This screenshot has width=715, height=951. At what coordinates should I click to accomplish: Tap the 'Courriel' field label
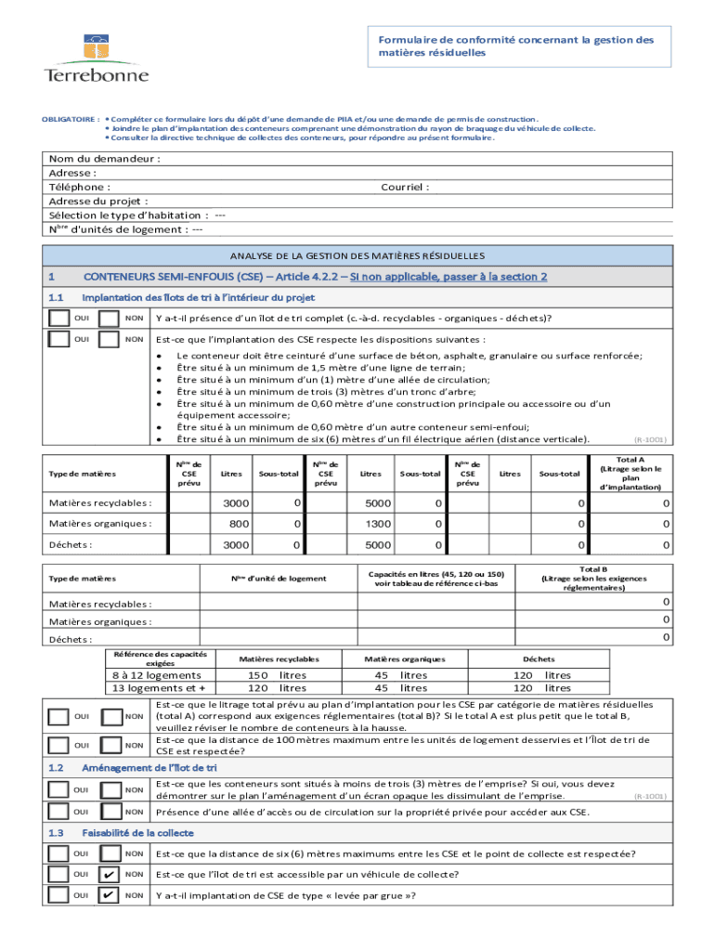coord(405,187)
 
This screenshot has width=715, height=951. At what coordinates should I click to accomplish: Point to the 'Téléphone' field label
coord(80,187)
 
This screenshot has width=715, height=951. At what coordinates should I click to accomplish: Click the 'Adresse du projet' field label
coord(98,201)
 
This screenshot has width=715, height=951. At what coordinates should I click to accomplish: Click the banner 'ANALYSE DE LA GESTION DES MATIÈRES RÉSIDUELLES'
coord(357,254)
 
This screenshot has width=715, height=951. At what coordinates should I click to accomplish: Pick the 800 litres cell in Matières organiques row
coord(237,524)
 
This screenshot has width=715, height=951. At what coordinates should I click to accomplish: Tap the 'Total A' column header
coord(630,473)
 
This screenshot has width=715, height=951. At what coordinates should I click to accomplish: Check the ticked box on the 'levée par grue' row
coord(109,896)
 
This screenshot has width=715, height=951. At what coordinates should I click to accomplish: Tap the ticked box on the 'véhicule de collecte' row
coord(109,875)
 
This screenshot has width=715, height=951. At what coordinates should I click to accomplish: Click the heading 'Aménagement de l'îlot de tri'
coord(149,768)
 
